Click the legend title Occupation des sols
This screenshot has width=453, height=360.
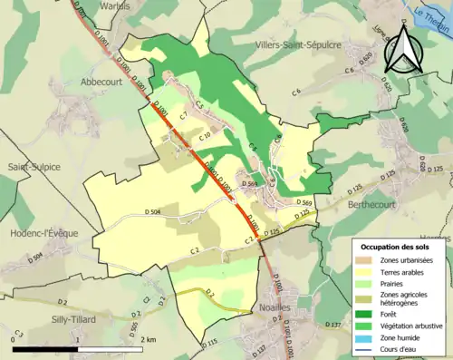[x=397, y=247]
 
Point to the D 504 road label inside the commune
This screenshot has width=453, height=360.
[x=154, y=211]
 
